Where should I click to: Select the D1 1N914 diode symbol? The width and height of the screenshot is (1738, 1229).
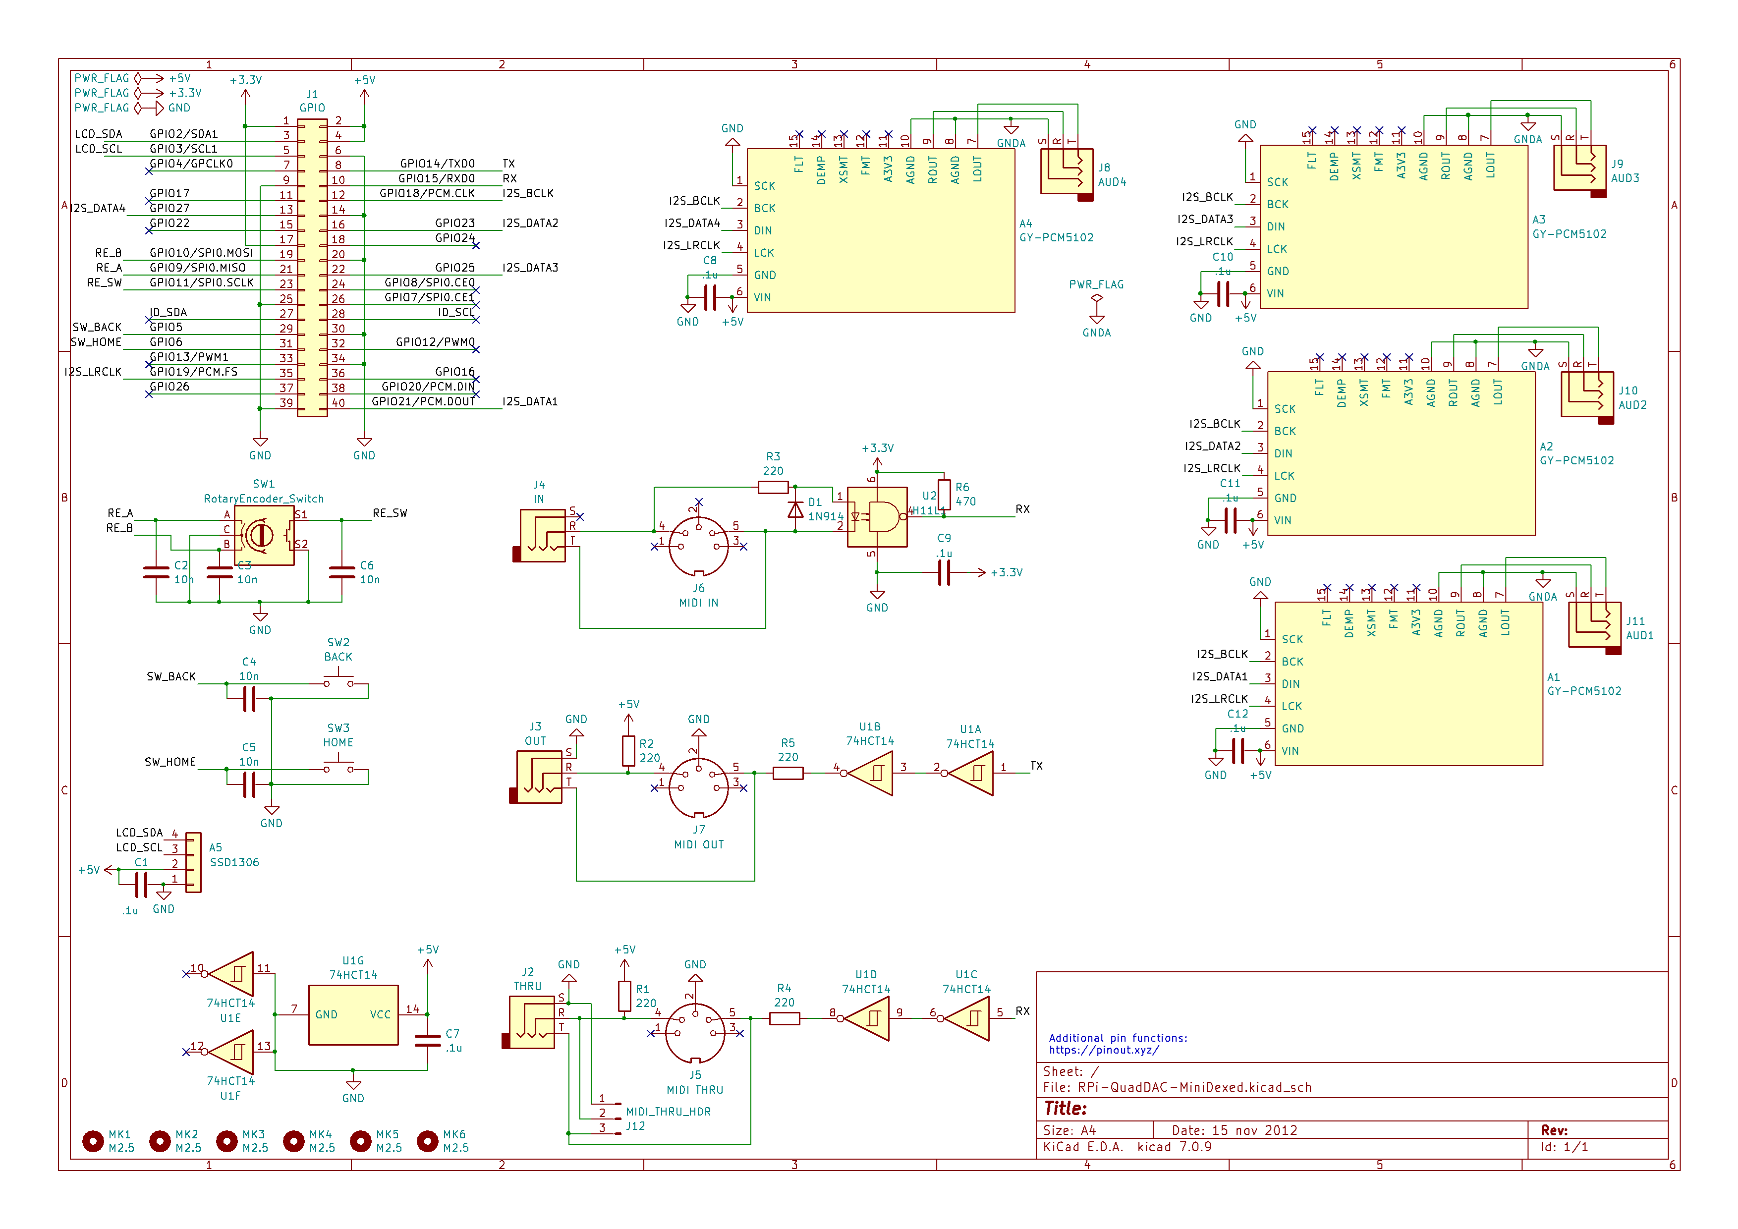(795, 509)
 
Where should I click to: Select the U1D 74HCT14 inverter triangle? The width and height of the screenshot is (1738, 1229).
(868, 1018)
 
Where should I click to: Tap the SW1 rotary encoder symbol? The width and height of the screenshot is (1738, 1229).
(264, 535)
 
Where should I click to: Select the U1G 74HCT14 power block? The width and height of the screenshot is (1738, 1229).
(353, 1015)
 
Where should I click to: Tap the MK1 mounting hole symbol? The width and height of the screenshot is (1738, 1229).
(92, 1140)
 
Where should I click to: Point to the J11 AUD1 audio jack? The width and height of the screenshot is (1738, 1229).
(1594, 625)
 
